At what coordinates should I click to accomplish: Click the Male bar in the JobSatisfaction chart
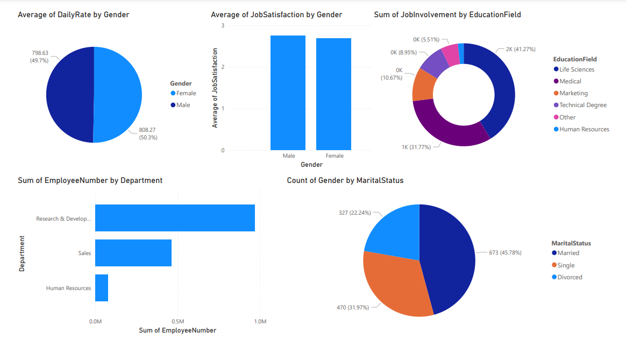tap(288, 93)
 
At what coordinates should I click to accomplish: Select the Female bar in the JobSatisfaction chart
tap(333, 94)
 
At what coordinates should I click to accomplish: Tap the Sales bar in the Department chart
tap(133, 253)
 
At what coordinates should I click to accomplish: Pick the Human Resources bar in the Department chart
tap(102, 288)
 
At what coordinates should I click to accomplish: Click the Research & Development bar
tap(175, 218)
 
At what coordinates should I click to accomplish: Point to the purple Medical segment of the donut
tap(446, 129)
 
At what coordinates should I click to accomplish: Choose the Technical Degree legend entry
tap(582, 105)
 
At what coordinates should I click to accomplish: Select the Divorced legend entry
tap(570, 277)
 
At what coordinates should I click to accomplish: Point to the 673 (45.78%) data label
tap(505, 252)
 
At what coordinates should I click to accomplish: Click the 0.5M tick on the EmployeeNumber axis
tap(178, 322)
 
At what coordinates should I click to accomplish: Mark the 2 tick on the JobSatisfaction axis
tap(223, 67)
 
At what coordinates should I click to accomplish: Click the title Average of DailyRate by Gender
tap(74, 15)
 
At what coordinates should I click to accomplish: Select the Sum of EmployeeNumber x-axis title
tap(177, 330)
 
